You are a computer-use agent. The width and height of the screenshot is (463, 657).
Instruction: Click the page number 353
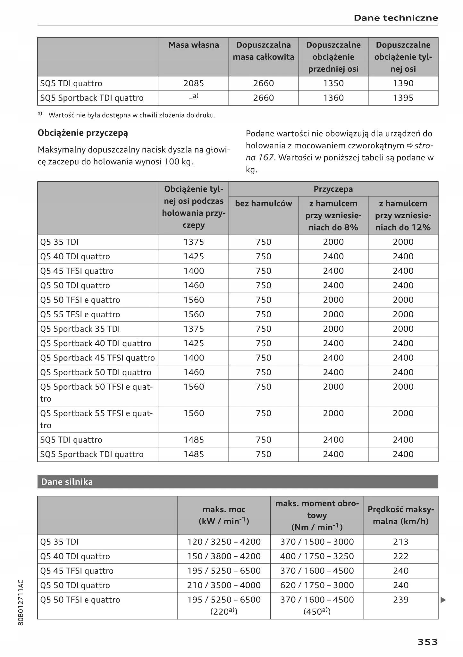point(427,642)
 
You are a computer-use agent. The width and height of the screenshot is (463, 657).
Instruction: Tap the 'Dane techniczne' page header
point(396,18)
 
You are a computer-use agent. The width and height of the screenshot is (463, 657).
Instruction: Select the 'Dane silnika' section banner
point(67,482)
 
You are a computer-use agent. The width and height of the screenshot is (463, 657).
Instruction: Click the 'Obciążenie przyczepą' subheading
point(83,133)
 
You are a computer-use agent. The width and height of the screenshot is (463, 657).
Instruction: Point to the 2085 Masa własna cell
point(194,83)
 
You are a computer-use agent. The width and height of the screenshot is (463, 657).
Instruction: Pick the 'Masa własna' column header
point(194,45)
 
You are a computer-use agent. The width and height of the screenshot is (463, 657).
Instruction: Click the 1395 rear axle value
point(403,98)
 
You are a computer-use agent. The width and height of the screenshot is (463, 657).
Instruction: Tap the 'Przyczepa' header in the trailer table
point(333,189)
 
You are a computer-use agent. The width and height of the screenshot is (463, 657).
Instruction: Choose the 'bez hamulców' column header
point(264,204)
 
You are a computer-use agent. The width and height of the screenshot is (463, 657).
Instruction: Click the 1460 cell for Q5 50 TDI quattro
point(194,285)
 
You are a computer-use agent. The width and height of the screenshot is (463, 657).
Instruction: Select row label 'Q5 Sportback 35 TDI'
point(80,329)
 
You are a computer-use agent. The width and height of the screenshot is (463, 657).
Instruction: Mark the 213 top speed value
point(400,542)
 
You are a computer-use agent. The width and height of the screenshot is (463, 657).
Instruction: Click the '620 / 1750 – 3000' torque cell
point(317,585)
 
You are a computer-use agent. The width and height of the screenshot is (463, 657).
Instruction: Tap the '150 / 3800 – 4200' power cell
point(224,556)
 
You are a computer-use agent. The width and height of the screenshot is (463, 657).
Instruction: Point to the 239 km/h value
point(400,600)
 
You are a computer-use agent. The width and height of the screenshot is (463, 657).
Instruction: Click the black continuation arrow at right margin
point(443,600)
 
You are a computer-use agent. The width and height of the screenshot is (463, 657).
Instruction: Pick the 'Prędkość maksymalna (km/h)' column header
point(400,515)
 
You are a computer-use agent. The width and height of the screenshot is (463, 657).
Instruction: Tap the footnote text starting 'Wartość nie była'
point(132,115)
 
